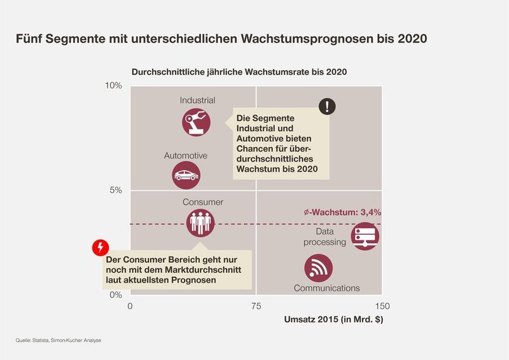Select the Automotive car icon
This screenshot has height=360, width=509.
coord(186,175)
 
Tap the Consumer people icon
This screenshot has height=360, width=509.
coord(200,222)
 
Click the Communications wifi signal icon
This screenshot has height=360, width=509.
coord(318,268)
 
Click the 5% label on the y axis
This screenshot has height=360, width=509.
coord(115,190)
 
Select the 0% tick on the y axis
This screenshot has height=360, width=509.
coord(115,294)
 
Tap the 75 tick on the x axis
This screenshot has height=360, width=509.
coord(256,306)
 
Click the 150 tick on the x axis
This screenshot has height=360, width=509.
coord(381,306)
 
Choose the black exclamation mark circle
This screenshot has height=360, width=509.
coord(327,107)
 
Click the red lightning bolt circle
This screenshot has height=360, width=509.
coord(101,247)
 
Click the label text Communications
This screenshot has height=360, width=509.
coord(326,288)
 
